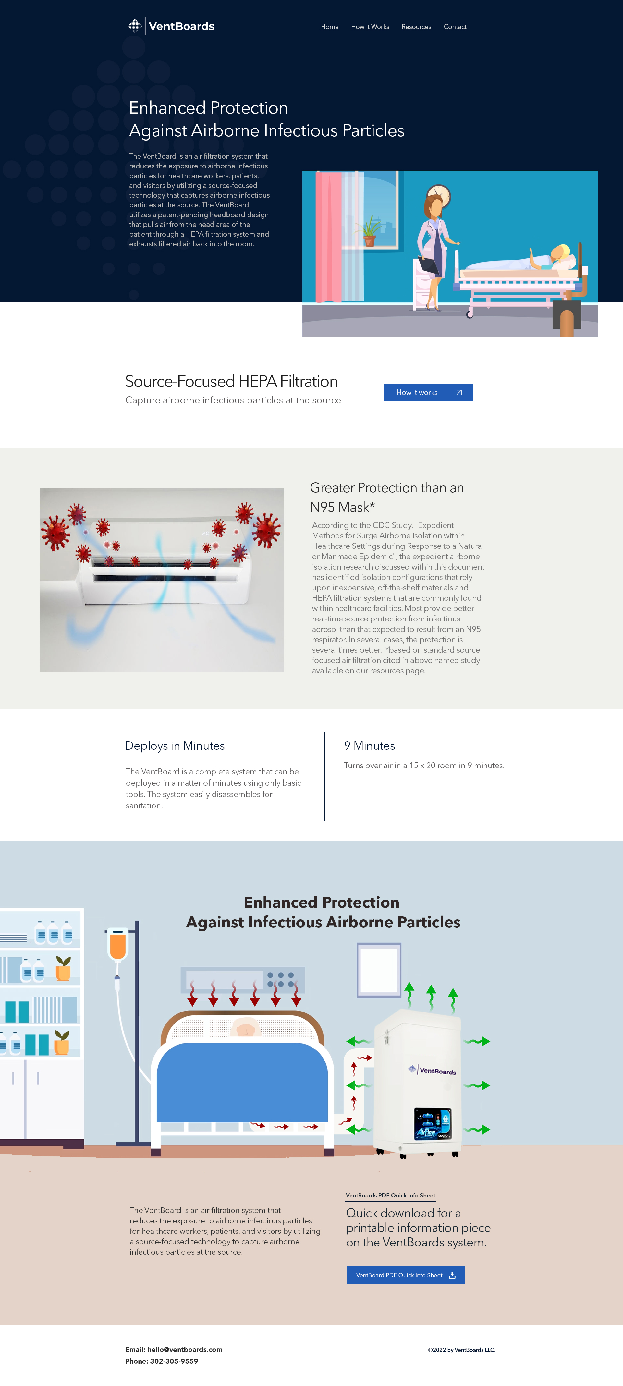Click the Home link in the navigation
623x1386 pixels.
330,26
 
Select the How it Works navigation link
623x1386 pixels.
370,26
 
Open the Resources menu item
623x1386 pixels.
416,26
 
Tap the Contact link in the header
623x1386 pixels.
455,26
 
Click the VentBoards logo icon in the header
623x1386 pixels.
135,26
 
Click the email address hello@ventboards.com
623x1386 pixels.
185,1349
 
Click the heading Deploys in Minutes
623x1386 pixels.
175,746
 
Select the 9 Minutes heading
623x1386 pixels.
370,746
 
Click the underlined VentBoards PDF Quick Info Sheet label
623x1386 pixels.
391,1196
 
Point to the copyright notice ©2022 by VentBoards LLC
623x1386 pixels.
462,1350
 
